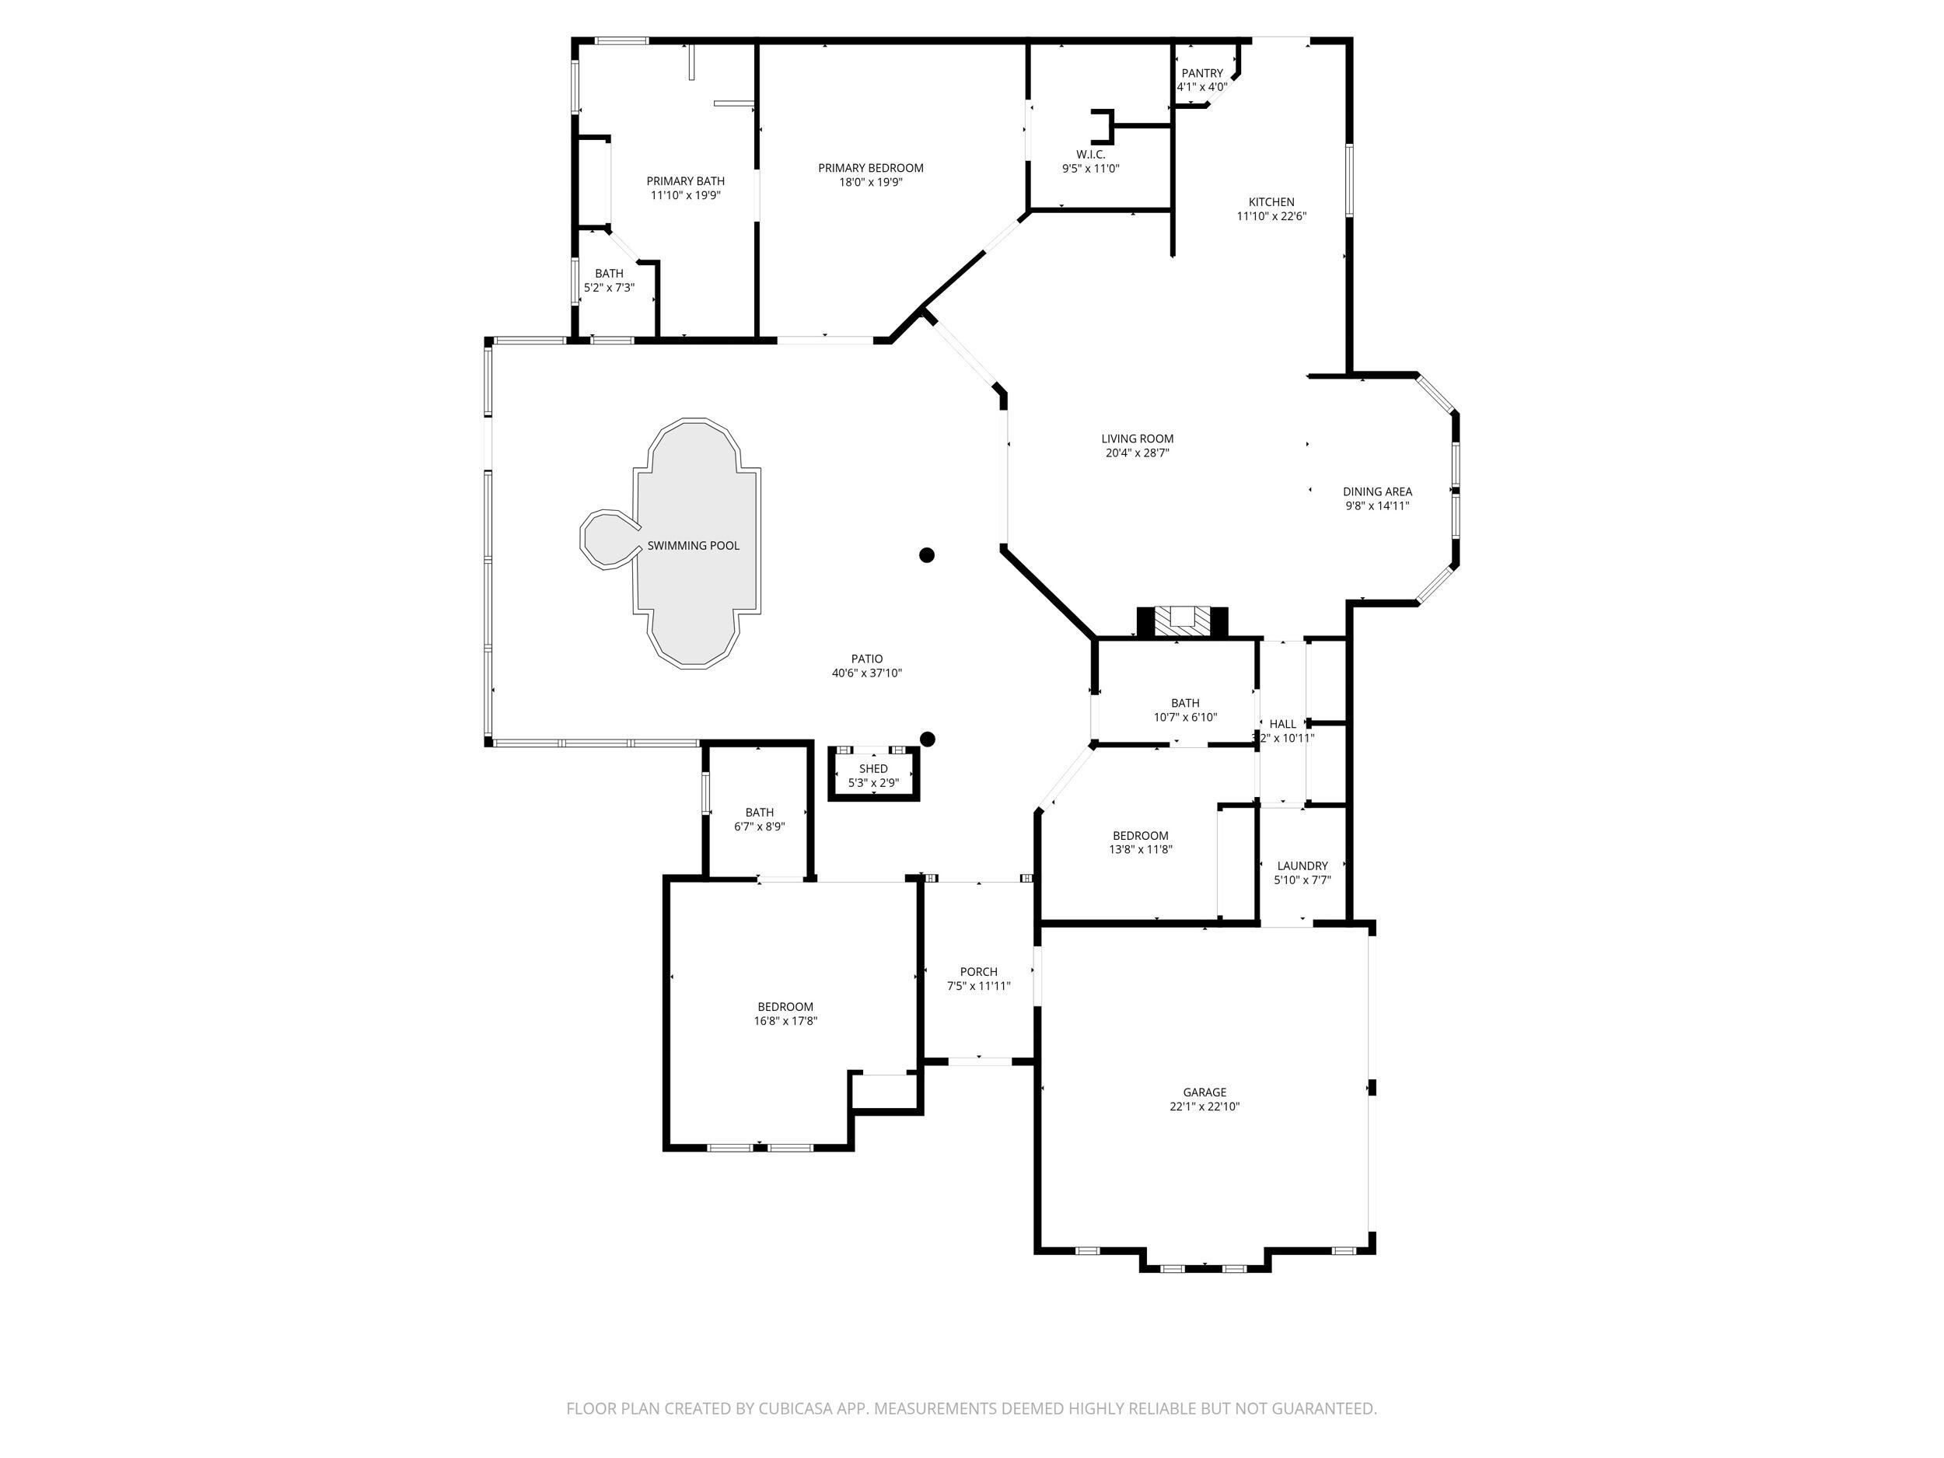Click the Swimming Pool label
pos(693,546)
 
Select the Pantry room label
pos(1201,74)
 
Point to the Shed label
pos(872,769)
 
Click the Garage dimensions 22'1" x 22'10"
pos(1204,1107)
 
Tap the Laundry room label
pos(1302,865)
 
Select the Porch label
pos(978,971)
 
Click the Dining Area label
pos(1376,491)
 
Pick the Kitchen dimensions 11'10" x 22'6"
pos(1271,216)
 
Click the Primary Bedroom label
pos(870,168)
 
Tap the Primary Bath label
pos(686,181)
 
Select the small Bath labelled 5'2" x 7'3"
pos(609,273)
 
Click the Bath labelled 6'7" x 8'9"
pos(759,812)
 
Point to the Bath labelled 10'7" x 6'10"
pos(1185,703)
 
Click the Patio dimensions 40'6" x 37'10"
pos(866,673)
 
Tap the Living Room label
pos(1137,439)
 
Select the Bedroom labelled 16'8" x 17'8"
pos(785,1006)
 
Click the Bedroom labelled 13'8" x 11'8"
pos(1140,836)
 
